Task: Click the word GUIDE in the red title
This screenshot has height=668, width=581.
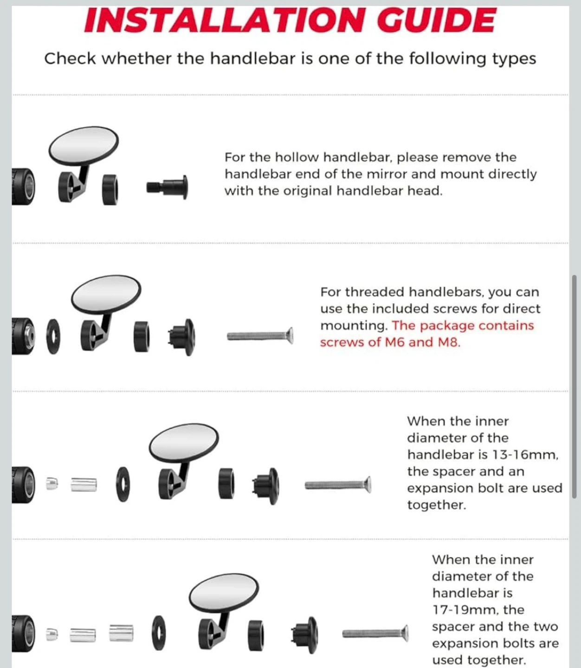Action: click(436, 20)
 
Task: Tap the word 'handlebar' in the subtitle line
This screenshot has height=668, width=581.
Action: click(252, 59)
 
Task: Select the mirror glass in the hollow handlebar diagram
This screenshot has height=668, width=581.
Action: click(84, 146)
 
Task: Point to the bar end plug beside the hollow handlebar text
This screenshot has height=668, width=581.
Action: click(168, 187)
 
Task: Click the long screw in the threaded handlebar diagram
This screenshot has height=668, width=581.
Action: click(260, 336)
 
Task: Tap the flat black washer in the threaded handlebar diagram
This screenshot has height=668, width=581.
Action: click(53, 337)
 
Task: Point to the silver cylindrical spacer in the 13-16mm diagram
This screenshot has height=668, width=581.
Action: click(84, 484)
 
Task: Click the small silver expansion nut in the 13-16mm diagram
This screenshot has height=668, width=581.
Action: click(52, 483)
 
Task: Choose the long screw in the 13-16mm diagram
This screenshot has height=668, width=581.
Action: click(338, 485)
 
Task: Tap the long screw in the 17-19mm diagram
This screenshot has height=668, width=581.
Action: click(375, 634)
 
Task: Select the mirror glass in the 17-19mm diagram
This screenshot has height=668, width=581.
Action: click(224, 592)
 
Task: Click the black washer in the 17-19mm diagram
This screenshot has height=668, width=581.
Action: click(159, 633)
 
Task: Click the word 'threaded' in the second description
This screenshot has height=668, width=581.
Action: click(375, 292)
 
